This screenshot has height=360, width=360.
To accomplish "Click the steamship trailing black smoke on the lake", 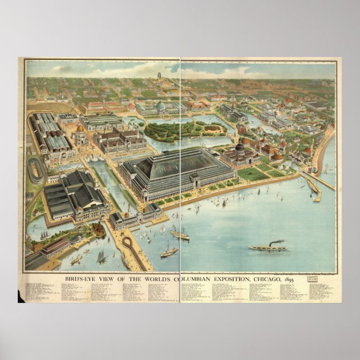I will tap(268, 247).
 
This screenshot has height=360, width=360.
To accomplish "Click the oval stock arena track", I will tap(35, 170).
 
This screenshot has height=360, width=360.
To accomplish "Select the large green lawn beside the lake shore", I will tap(253, 174).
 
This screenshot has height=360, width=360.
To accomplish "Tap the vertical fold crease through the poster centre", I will tap(180, 168).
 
